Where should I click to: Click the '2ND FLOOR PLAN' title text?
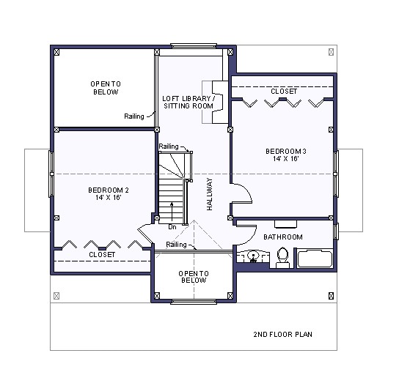point(283,335)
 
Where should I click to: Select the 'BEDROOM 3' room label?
point(285,152)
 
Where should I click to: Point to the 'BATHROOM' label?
point(282,237)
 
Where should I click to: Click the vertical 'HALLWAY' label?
point(210,195)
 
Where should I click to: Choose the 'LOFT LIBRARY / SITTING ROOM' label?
point(188,102)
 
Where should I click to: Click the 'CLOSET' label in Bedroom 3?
point(284,91)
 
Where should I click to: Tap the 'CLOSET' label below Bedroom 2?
point(101,254)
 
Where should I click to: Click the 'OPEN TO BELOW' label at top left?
point(106,88)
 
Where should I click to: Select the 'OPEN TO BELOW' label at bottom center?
point(194,276)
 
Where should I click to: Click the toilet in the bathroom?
point(282,257)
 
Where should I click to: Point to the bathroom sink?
point(254,257)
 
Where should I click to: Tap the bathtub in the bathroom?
point(314,259)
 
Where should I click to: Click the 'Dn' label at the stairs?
point(171,226)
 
